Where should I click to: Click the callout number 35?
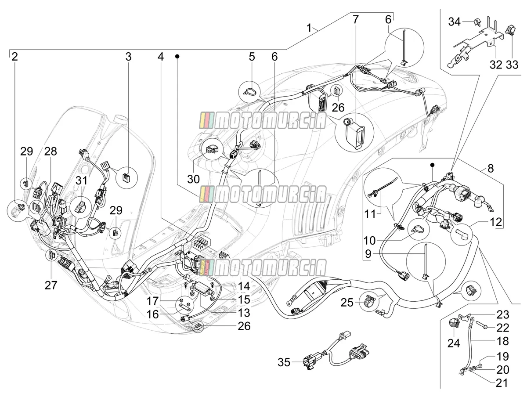click(284, 362)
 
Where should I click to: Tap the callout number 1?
click(309, 28)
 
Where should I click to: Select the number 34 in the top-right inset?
click(455, 22)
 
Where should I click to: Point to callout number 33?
click(512, 65)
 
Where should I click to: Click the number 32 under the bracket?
click(496, 65)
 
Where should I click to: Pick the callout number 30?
click(193, 179)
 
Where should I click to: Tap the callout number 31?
click(81, 180)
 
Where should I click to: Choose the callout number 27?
click(51, 285)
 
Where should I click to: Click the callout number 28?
click(51, 152)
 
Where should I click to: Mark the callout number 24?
click(454, 343)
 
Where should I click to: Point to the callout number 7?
click(355, 19)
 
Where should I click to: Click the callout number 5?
click(252, 57)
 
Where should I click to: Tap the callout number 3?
click(128, 57)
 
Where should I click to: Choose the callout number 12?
click(495, 222)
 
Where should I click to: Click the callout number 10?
click(369, 241)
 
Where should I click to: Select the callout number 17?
click(153, 300)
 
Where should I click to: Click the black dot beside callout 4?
click(177, 57)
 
